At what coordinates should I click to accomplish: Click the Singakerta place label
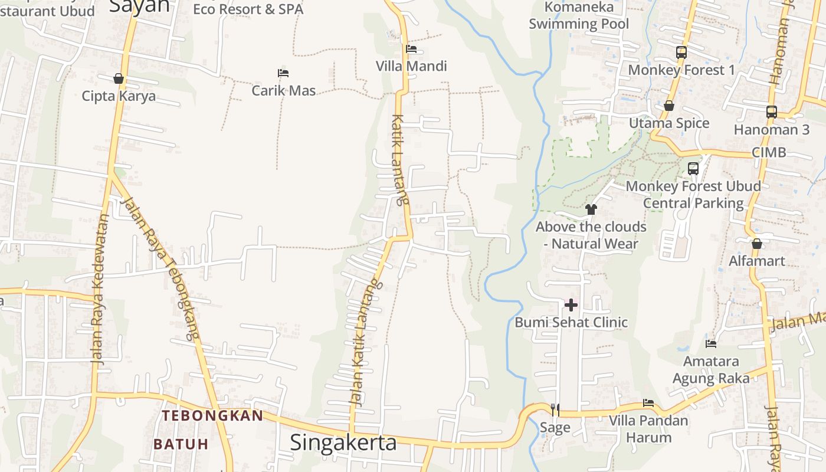(x=343, y=442)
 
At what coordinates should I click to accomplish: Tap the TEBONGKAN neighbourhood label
(x=212, y=415)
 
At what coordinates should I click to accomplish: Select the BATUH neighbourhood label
(x=181, y=444)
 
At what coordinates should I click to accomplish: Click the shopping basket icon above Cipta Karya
(x=119, y=78)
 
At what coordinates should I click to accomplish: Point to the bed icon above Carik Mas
(x=283, y=73)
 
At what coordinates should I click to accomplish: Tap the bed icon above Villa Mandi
(x=411, y=49)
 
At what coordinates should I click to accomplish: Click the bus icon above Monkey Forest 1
(x=681, y=53)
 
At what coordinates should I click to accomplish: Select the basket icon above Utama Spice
(x=669, y=106)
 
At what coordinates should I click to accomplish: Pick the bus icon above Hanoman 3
(x=771, y=112)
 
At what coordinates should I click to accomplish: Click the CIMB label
(x=769, y=152)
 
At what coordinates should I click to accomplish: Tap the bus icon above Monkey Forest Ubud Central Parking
(x=693, y=169)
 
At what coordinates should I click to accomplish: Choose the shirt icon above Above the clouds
(x=591, y=209)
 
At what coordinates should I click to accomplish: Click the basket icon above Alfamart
(x=757, y=244)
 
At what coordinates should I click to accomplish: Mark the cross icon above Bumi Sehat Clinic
(x=571, y=305)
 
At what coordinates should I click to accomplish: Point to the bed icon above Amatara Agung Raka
(x=711, y=343)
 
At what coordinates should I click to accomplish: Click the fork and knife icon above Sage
(x=555, y=409)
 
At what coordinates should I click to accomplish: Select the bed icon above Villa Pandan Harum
(x=648, y=404)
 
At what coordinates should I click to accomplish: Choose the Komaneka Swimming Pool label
(x=578, y=16)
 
